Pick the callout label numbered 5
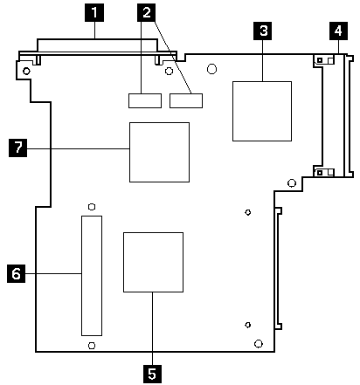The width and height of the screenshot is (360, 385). (x=153, y=373)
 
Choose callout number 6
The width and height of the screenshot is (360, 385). (x=14, y=274)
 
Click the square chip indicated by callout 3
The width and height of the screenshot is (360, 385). (x=261, y=111)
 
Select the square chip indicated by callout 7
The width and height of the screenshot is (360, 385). (x=159, y=152)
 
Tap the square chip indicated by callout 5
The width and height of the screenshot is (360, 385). (x=153, y=261)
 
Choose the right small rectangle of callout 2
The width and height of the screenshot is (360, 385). (x=185, y=100)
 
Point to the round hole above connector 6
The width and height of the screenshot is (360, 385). (x=91, y=207)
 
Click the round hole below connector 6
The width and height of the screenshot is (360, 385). (x=91, y=346)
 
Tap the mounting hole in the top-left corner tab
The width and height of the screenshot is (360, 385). (x=27, y=71)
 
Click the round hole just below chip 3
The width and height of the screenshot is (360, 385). (x=291, y=183)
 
